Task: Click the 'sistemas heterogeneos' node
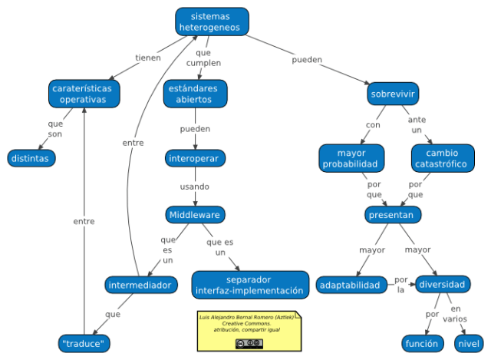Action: [212, 21]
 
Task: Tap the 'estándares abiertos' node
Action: [196, 94]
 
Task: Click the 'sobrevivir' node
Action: [393, 94]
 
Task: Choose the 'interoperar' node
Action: [196, 159]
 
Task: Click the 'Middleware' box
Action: [195, 215]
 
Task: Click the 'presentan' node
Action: [391, 215]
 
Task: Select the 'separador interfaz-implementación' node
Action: [249, 285]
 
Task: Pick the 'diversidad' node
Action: [441, 285]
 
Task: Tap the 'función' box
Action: [421, 343]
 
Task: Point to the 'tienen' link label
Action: [148, 58]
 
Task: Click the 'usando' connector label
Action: [195, 187]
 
